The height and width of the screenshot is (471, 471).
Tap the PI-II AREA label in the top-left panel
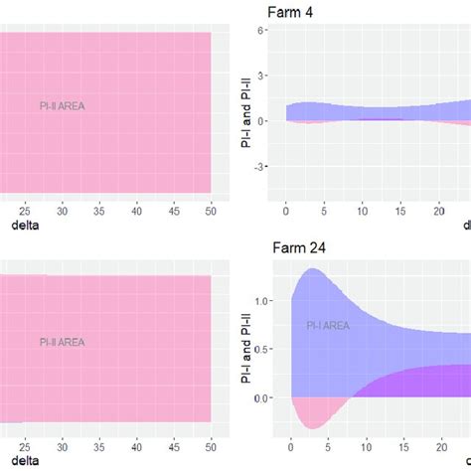click(62, 102)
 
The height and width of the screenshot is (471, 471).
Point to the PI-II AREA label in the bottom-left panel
click(62, 342)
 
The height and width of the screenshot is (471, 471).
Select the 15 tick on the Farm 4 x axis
click(399, 211)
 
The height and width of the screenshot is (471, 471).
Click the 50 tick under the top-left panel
click(211, 211)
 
